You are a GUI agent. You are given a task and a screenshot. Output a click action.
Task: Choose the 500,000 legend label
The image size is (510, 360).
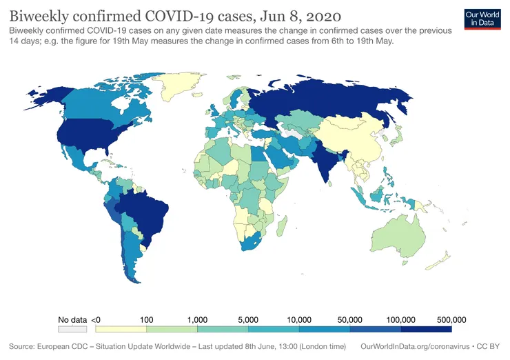click(451, 320)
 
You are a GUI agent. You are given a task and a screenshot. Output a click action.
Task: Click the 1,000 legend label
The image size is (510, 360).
click(197, 320)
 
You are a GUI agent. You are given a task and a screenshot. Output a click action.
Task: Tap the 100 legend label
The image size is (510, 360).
click(146, 320)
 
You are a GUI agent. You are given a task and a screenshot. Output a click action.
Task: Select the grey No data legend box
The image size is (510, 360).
click(72, 330)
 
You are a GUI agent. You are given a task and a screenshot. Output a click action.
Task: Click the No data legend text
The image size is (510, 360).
click(72, 320)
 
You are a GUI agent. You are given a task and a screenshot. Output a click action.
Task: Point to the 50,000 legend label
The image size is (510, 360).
click(350, 320)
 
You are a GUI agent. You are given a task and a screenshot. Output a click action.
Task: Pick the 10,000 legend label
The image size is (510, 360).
click(299, 320)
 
